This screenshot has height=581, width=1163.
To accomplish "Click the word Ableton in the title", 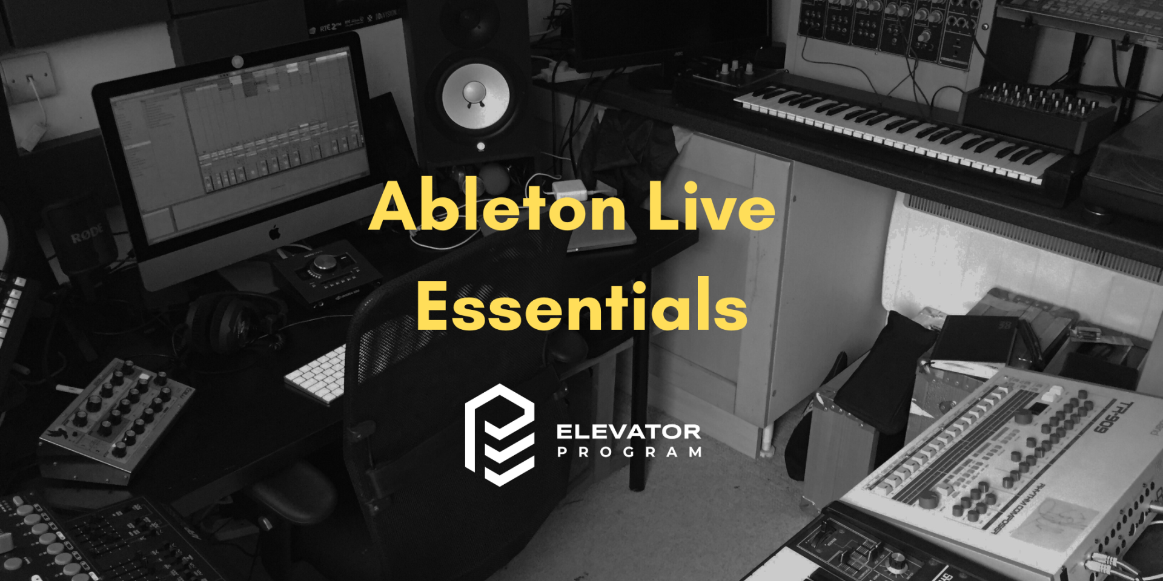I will point(497,207).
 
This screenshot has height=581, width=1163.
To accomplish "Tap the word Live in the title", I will point(711,207).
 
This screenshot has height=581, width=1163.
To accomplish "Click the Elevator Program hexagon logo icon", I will point(500,435).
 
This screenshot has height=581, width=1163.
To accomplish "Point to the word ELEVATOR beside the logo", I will point(628,432).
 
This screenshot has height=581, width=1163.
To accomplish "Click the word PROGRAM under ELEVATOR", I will point(629,452).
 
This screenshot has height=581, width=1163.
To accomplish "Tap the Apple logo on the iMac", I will point(274,232).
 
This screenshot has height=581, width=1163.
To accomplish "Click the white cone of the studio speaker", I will point(475,96).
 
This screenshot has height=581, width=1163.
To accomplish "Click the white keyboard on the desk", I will point(317,375).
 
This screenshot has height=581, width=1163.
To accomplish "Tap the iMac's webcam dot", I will point(237,61).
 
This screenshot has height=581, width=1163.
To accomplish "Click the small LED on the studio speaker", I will point(480,146).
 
